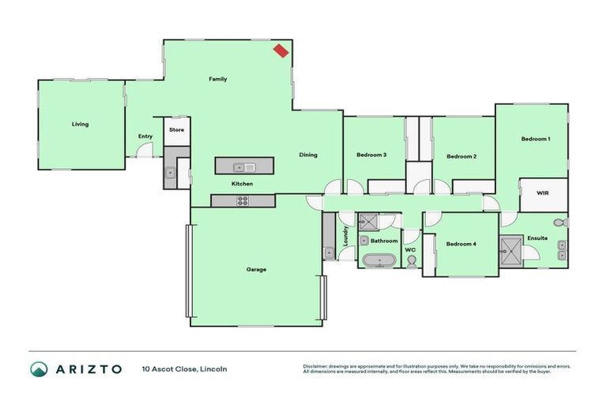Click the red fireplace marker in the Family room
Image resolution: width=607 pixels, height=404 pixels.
281,51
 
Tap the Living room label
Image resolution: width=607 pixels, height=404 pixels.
80,124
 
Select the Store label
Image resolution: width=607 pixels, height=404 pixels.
177,129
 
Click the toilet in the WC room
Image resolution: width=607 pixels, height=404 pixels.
411,261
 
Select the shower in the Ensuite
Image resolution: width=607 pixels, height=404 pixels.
511,252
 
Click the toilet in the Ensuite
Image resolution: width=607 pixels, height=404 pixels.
560,223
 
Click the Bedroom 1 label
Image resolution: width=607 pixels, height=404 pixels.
535,139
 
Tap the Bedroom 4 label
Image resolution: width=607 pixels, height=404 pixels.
461,244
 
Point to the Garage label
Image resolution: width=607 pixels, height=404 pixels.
256,270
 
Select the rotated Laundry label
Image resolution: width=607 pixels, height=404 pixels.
345,236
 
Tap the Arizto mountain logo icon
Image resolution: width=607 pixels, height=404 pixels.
39,369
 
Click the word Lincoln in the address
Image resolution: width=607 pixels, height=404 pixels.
213,369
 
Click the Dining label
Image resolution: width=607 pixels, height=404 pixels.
307,155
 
